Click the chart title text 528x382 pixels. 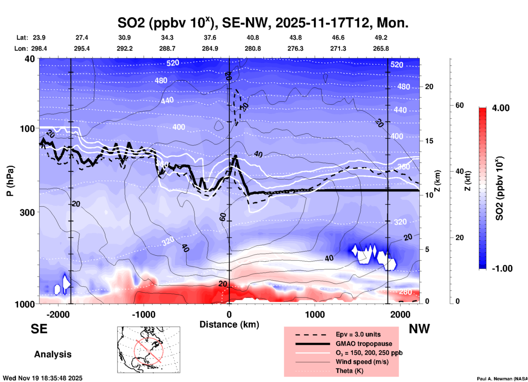[x=263, y=22]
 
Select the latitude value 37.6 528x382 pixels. [x=210, y=38]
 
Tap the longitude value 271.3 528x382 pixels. [x=338, y=49]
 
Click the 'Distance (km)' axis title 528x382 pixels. [x=229, y=324]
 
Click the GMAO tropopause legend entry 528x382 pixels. [x=364, y=344]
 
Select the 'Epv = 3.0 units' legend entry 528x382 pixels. [x=358, y=334]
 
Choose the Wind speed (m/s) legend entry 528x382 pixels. [x=362, y=362]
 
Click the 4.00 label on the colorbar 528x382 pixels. [x=501, y=108]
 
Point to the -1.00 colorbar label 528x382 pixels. [x=502, y=269]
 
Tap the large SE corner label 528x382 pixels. [x=39, y=329]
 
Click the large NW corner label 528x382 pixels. [x=419, y=329]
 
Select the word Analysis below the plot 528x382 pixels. [x=53, y=354]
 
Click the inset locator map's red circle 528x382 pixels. [x=149, y=351]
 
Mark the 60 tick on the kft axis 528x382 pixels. [x=459, y=105]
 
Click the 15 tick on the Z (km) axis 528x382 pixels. [x=429, y=141]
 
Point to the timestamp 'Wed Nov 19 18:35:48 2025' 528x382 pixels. [x=42, y=378]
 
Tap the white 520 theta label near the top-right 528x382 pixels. [x=397, y=65]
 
